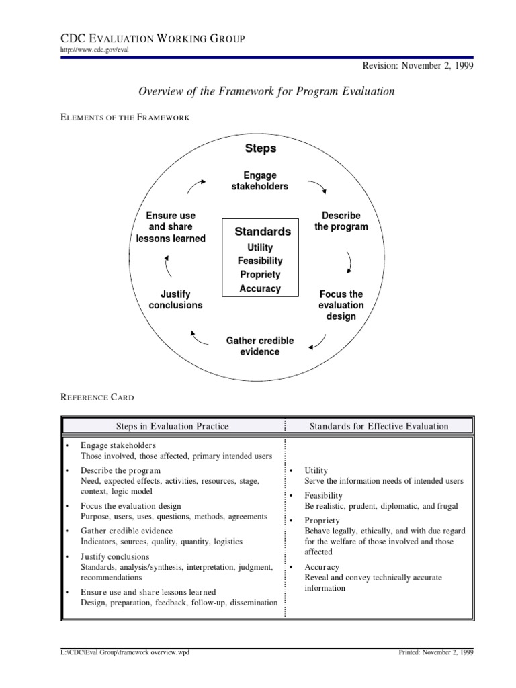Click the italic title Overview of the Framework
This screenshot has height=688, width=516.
(267, 91)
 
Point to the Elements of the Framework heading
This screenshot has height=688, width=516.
(126, 118)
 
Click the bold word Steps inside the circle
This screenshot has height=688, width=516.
(260, 148)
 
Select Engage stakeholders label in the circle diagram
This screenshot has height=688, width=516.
(260, 181)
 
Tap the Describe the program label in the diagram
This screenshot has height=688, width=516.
(341, 221)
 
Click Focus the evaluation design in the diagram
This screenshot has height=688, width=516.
(341, 305)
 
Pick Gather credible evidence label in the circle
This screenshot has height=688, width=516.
(260, 346)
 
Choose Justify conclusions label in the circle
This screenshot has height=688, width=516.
(175, 300)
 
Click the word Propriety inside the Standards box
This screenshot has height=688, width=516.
(260, 275)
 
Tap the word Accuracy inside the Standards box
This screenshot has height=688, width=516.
(260, 289)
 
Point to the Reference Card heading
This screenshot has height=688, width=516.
(97, 398)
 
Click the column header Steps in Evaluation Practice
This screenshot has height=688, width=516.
(173, 426)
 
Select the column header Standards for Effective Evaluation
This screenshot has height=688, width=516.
(379, 426)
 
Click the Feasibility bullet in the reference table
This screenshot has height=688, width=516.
(323, 495)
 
